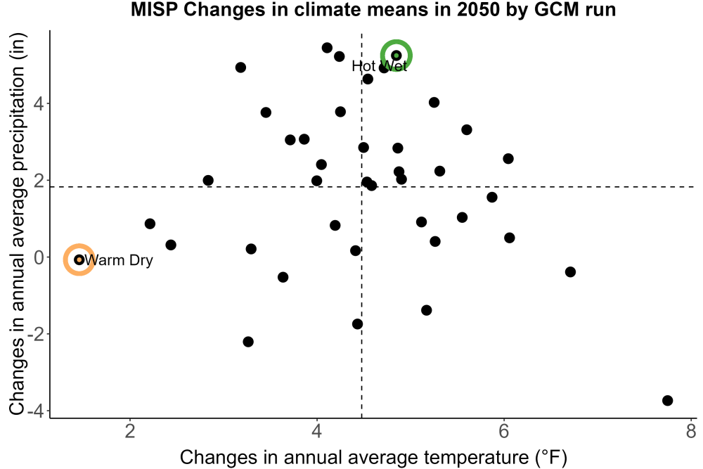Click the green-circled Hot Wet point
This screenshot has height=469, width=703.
click(396, 56)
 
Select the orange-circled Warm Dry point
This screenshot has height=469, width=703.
click(79, 259)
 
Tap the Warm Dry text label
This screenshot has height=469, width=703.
click(119, 260)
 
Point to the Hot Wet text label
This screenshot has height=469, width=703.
click(380, 66)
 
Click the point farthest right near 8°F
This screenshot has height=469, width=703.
click(668, 400)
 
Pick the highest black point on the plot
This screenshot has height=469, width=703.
click(327, 48)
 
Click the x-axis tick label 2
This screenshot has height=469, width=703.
click(130, 431)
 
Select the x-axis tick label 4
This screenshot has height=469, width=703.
click(317, 431)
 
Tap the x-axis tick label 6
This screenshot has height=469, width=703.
click(504, 431)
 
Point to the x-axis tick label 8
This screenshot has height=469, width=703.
click(691, 431)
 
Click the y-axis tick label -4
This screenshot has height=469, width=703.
click(37, 411)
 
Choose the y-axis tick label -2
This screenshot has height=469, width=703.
click(37, 334)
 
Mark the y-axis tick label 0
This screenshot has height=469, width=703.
click(40, 257)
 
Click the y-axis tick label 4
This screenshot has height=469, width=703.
click(40, 104)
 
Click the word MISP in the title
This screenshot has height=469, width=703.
click(154, 9)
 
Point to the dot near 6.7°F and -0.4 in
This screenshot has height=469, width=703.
click(570, 271)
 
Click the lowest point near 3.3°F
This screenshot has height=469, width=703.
click(248, 342)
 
